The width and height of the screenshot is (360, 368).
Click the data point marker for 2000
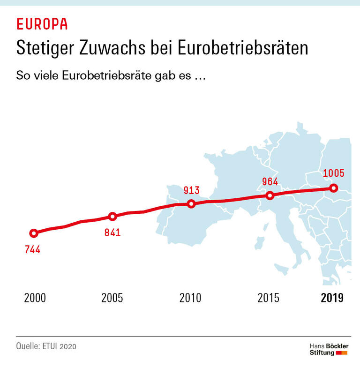pyautogui.click(x=33, y=233)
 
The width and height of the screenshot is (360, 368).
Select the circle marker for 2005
pyautogui.click(x=112, y=216)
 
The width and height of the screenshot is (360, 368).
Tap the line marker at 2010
pyautogui.click(x=191, y=203)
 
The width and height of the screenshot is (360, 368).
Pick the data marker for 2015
pyautogui.click(x=270, y=195)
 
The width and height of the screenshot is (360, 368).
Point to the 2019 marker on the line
pyautogui.click(x=333, y=188)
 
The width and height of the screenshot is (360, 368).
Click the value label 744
pyautogui.click(x=33, y=249)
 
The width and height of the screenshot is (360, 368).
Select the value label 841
pyautogui.click(x=112, y=232)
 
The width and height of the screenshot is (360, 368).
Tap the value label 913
pyautogui.click(x=191, y=190)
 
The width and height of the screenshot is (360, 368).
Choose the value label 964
pyautogui.click(x=270, y=182)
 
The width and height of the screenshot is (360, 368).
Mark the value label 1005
pyautogui.click(x=334, y=173)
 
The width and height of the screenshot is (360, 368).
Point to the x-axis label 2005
pyautogui.click(x=112, y=298)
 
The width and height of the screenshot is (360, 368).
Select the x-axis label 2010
pyautogui.click(x=191, y=298)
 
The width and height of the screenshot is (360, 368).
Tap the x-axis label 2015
pyautogui.click(x=269, y=298)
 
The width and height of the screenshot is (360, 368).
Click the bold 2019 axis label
pyautogui.click(x=332, y=298)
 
